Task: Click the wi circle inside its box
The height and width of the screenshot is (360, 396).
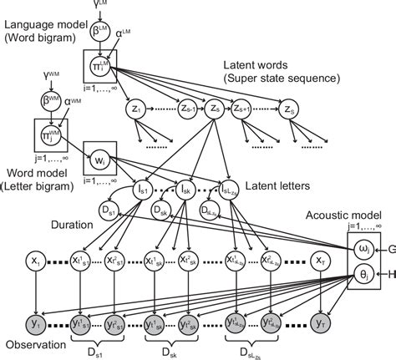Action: pos(99,157)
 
